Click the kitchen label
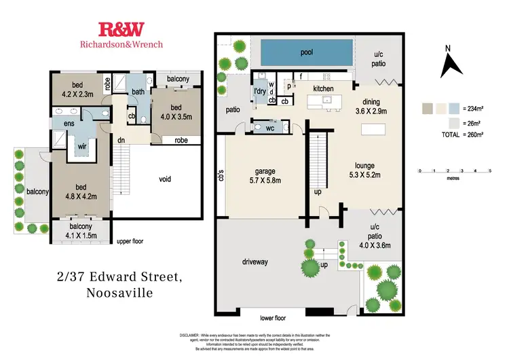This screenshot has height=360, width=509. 324,89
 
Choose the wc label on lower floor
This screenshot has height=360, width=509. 269,127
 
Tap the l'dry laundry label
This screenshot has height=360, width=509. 259,91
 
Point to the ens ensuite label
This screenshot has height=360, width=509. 69,124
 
